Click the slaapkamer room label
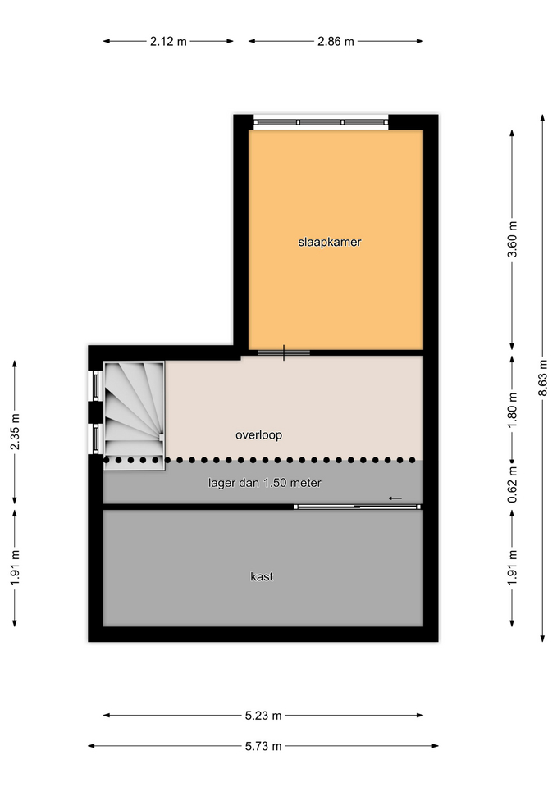point(330,242)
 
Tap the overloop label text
point(258,434)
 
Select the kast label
point(262,576)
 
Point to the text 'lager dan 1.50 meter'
point(265,483)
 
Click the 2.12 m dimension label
point(168,42)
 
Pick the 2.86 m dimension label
point(336,42)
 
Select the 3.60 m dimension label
point(513,239)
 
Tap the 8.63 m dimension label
point(543,377)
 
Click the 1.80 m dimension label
point(513,410)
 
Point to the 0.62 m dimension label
point(513,484)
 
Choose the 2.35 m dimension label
point(15,432)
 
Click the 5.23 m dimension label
point(263,716)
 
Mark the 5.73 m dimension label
point(263,746)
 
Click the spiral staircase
point(134,416)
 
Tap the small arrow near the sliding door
point(395,498)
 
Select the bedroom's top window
point(321,122)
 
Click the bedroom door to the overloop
point(284,353)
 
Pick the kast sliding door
point(358,507)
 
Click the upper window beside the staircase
point(95,385)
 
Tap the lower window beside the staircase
point(95,439)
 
